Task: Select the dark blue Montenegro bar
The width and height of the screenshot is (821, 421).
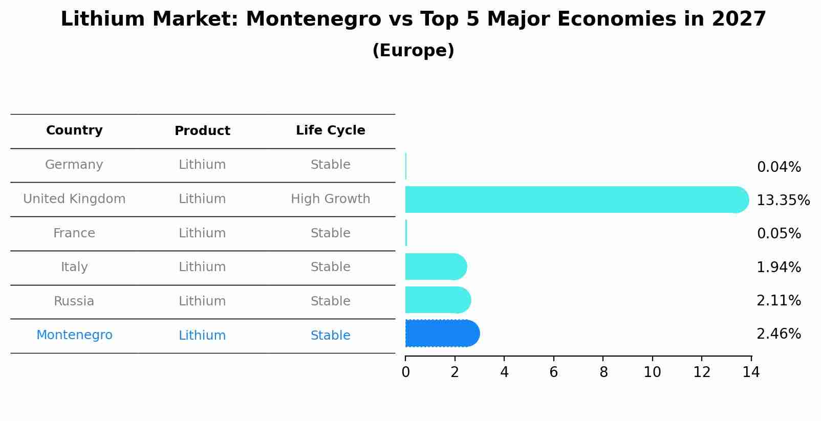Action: (x=442, y=334)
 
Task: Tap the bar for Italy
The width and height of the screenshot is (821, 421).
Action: (x=435, y=267)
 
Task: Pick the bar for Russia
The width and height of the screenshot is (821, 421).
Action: (x=437, y=300)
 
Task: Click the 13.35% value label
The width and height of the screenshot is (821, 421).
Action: (x=783, y=200)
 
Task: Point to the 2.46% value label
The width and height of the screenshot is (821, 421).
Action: (x=779, y=334)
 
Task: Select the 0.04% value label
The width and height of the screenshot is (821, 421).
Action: (x=779, y=167)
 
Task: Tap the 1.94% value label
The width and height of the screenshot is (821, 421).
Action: (x=779, y=267)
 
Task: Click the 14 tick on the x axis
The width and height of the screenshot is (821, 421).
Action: (x=751, y=372)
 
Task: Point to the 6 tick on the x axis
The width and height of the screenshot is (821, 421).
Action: (x=553, y=372)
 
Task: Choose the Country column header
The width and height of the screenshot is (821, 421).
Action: (x=74, y=130)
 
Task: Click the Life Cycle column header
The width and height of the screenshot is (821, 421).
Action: (x=330, y=130)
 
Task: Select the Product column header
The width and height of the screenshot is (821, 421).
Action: (x=202, y=131)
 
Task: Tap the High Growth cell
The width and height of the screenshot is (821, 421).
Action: (x=330, y=199)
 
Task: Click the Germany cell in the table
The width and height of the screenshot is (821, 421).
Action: (x=74, y=165)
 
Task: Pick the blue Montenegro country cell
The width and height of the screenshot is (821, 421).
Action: (x=74, y=335)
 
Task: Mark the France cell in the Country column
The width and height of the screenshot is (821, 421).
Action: (x=74, y=233)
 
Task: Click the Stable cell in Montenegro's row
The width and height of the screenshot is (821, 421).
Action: (x=330, y=336)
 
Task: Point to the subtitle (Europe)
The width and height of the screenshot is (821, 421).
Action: (x=413, y=51)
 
